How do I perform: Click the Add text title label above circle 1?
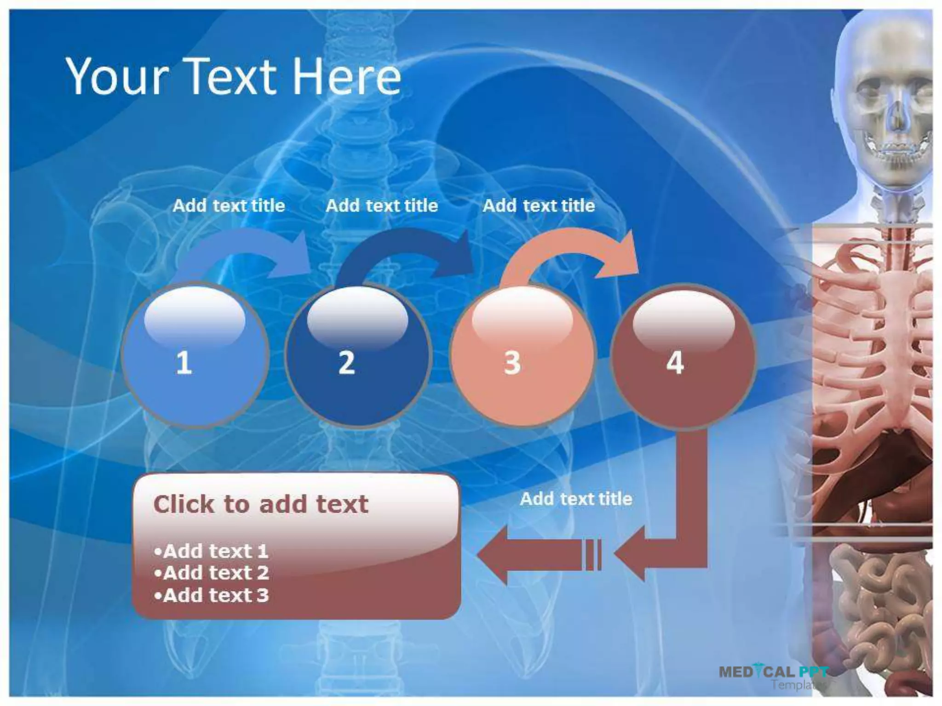(229, 205)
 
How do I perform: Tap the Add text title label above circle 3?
(539, 205)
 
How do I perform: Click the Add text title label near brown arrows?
(576, 499)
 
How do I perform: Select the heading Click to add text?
(260, 504)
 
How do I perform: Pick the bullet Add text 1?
(212, 551)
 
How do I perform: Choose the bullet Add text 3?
(212, 595)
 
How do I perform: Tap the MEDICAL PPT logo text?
(773, 672)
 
